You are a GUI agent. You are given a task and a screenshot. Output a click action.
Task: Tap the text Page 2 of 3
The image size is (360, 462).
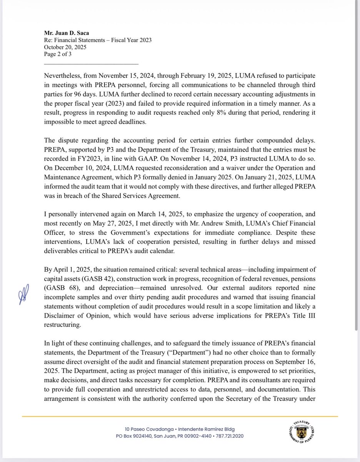click(x=58, y=54)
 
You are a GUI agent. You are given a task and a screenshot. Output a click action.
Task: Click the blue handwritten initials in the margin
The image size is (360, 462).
click(x=24, y=296)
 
